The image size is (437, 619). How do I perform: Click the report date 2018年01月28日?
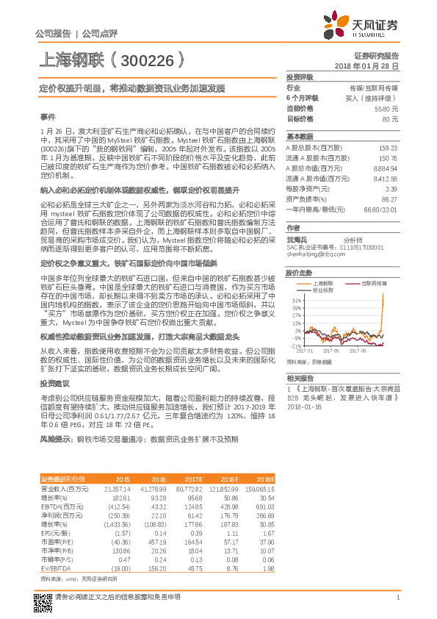pos(371,66)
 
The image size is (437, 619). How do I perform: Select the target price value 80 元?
pos(390,118)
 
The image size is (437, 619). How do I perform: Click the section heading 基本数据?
pos(300,137)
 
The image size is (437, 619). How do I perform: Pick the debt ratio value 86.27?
pos(390,198)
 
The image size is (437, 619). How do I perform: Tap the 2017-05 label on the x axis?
pos(331,351)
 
